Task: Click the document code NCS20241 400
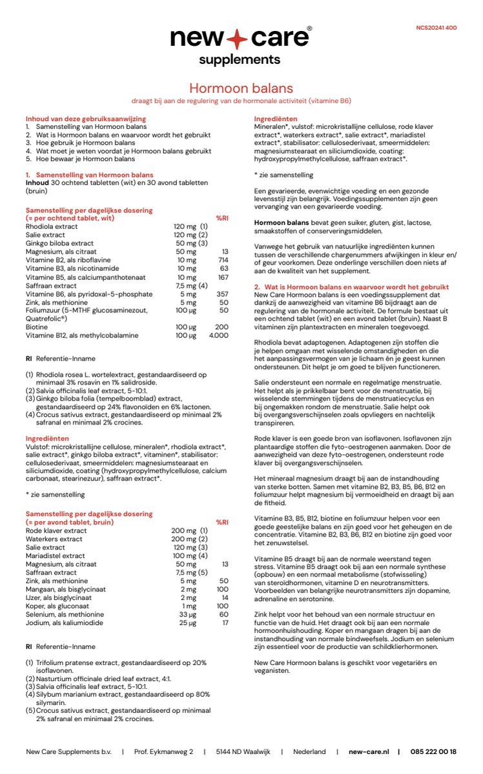click(437, 28)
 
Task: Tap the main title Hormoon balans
click(241, 88)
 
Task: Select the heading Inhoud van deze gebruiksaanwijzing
click(85, 119)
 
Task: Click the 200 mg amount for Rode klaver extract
click(184, 530)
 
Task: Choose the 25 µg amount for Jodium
click(188, 622)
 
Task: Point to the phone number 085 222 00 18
click(433, 751)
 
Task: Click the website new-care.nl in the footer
click(369, 751)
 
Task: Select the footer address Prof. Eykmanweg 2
click(163, 751)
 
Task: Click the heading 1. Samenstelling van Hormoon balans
click(89, 175)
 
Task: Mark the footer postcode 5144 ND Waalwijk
click(243, 751)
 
